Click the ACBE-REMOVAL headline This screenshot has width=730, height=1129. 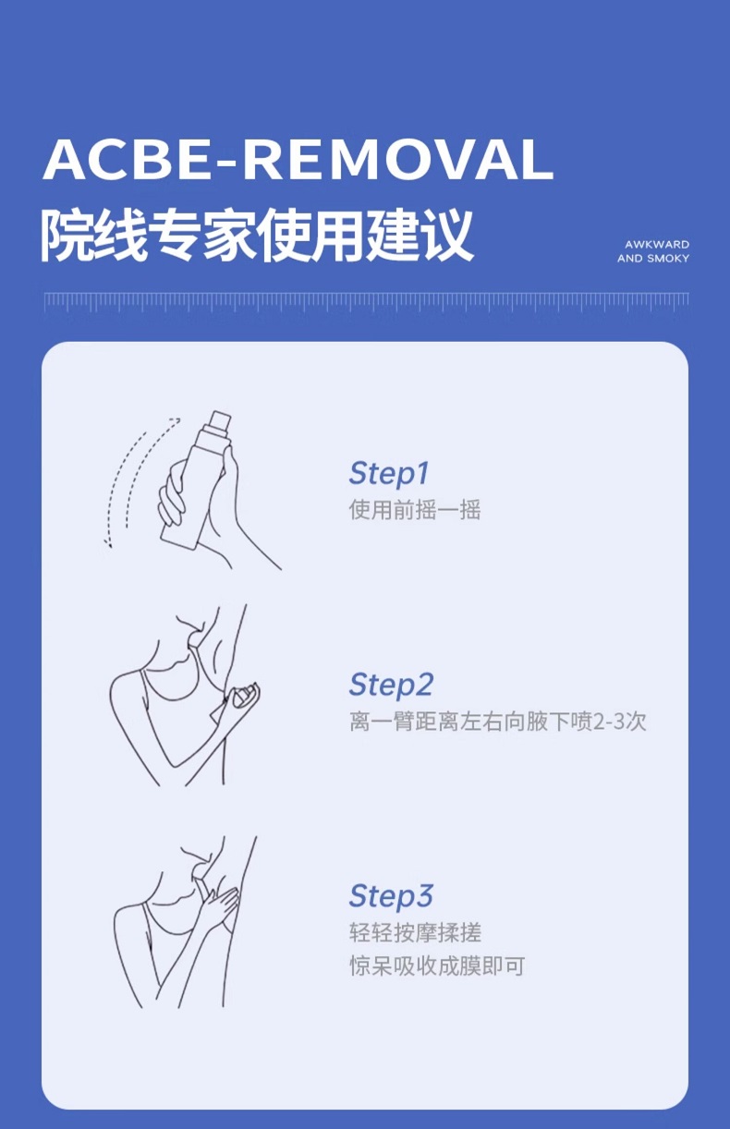pos(298,159)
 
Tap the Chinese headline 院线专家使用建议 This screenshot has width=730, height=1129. pos(257,236)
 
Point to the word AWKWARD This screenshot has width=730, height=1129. pos(657,245)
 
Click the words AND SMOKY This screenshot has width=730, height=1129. pos(653,259)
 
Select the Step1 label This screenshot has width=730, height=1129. pos(389,474)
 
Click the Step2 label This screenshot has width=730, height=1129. pos(391,686)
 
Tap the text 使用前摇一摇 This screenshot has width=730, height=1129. pos(415,510)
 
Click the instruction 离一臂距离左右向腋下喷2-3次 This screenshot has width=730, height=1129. pos(497,722)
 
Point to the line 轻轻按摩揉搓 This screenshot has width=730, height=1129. pos(415,932)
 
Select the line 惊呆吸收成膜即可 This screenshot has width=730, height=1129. pos(437,966)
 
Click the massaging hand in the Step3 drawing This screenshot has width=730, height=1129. pos(217,907)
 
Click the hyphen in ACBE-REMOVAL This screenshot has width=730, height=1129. pos(225,163)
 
